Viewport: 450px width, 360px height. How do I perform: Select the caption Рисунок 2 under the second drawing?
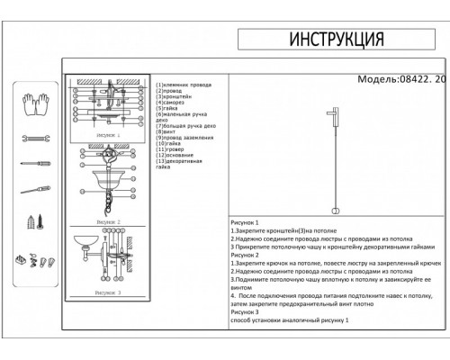click(x=106, y=220)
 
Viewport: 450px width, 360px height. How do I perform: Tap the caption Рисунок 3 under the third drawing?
click(x=106, y=292)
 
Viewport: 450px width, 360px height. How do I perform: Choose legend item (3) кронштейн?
click(x=175, y=97)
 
